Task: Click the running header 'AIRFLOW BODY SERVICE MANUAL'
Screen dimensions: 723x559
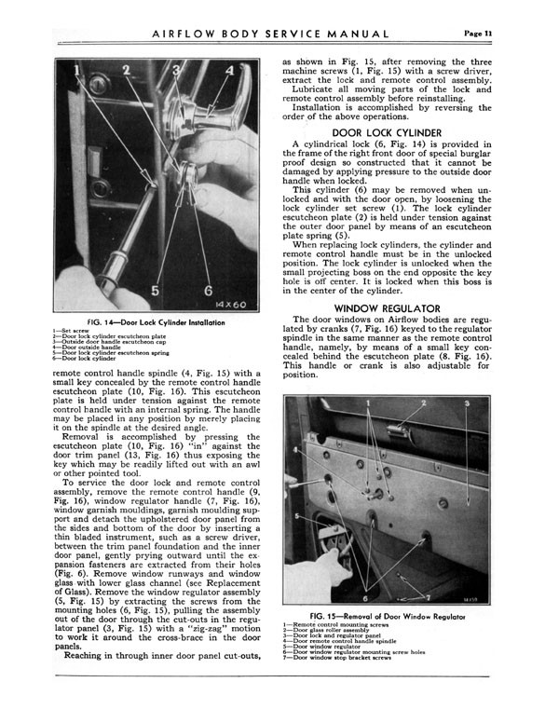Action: coord(270,35)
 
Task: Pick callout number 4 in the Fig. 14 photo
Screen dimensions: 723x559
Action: coord(229,71)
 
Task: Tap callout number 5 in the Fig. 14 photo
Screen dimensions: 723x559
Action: coord(155,289)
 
